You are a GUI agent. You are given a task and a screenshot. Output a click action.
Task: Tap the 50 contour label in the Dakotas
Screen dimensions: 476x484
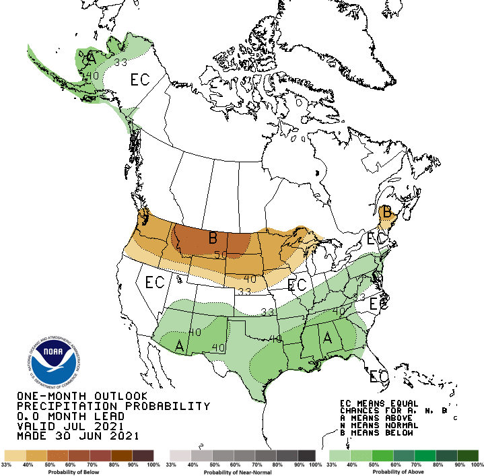221,254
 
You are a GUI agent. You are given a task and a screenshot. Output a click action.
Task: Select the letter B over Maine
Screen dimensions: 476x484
386,212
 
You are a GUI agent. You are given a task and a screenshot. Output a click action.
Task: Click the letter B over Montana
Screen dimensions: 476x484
212,238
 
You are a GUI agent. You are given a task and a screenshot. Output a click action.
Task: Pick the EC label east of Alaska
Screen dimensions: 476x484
139,80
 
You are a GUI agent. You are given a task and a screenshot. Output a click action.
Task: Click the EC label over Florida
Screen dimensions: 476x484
380,376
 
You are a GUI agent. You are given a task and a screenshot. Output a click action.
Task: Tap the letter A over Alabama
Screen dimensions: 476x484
329,337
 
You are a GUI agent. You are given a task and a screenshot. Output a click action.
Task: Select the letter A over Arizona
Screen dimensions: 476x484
180,345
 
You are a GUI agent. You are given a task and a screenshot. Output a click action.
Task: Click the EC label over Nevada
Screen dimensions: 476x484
155,282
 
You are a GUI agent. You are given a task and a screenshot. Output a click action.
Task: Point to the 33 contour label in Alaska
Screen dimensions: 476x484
120,63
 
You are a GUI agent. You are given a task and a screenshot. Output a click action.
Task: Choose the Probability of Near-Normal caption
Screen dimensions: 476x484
242,471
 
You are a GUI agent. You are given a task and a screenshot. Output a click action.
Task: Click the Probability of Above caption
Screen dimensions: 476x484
403,471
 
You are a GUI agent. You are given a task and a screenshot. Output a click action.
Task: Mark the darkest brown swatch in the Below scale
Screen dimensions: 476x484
143,456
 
